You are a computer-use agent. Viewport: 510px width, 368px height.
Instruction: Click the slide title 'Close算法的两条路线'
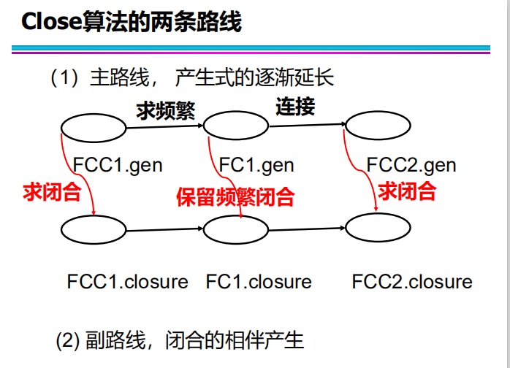[x=132, y=22]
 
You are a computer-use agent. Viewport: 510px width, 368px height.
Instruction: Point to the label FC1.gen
[x=256, y=165]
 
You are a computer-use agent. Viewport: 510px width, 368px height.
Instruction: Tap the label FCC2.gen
[x=411, y=165]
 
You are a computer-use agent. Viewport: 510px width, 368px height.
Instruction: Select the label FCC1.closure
[x=128, y=282]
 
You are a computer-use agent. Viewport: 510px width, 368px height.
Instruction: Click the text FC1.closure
[x=259, y=282]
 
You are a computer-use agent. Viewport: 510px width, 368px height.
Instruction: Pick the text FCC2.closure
[x=412, y=282]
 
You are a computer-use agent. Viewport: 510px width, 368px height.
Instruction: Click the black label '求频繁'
[x=165, y=110]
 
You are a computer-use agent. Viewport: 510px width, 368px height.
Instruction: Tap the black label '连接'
[x=295, y=107]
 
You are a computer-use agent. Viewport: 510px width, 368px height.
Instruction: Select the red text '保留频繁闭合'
[x=235, y=196]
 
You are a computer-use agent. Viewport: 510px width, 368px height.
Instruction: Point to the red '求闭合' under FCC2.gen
[x=407, y=191]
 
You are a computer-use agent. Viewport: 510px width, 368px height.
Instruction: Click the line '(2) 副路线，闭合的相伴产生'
[x=180, y=340]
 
